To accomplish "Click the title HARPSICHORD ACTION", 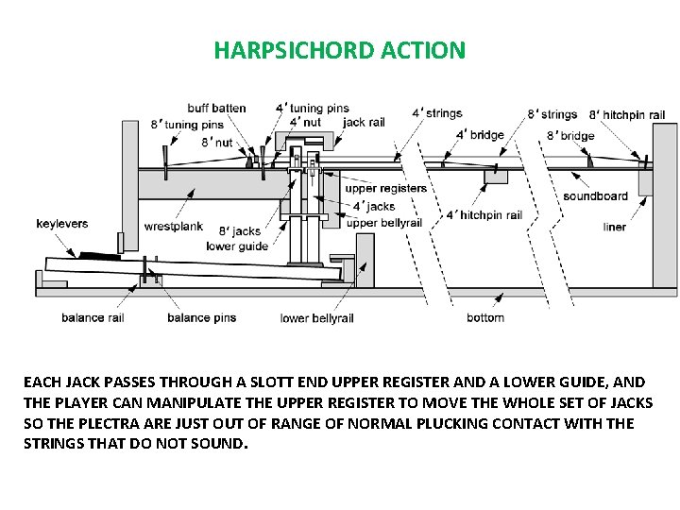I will click(339, 50).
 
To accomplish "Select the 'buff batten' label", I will click(216, 108).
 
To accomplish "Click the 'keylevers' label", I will click(62, 224).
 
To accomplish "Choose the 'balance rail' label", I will click(93, 317).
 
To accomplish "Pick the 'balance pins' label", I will click(201, 317).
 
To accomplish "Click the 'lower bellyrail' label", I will click(316, 318).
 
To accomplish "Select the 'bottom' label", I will click(485, 317).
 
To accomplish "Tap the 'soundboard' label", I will click(595, 196).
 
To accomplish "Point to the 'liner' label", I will click(615, 227).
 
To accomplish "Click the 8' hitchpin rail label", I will click(627, 114).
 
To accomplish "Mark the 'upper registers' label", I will click(386, 189).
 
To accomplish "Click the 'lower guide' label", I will click(237, 246).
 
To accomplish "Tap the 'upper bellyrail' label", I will click(384, 223).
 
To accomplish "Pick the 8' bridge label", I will click(570, 136).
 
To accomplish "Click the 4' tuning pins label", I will click(312, 109).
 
